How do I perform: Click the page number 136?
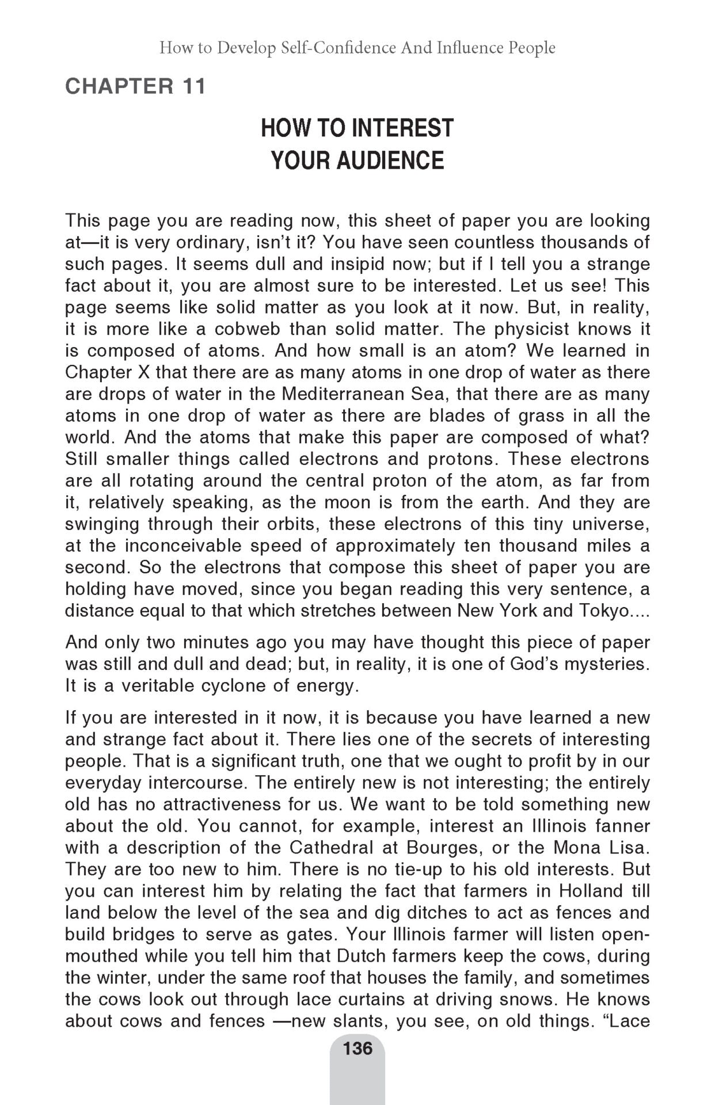point(357,1048)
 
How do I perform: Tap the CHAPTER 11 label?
point(135,86)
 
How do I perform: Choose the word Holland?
point(587,891)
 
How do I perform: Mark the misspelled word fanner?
point(621,826)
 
